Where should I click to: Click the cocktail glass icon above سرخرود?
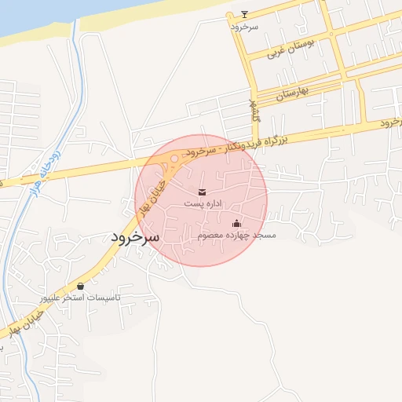tap(244, 14)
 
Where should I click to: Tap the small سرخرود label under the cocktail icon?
tap(244, 27)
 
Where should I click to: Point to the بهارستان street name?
tap(292, 93)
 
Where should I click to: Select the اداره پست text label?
tap(203, 203)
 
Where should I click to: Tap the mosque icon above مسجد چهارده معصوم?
tap(236, 224)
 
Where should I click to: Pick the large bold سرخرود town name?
tap(134, 236)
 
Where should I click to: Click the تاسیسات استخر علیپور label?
tap(81, 298)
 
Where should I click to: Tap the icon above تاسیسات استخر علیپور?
tap(81, 287)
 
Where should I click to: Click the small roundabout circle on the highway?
tap(174, 159)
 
